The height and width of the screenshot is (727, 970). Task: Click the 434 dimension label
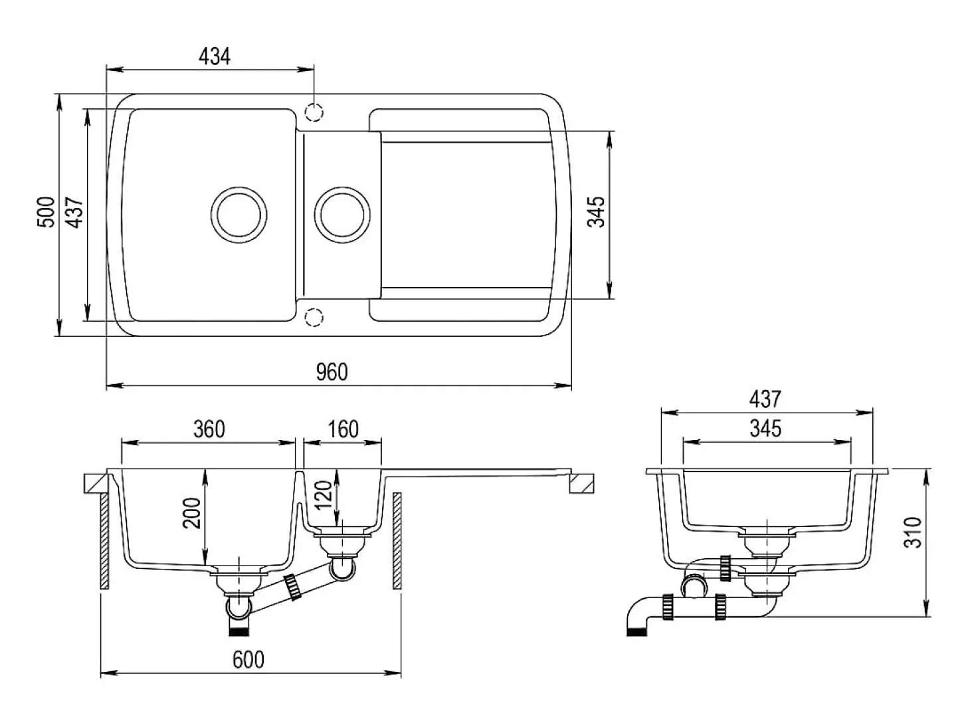tap(215, 56)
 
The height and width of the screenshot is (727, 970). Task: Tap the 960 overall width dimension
tap(332, 372)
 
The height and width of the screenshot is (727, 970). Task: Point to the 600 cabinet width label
tap(248, 660)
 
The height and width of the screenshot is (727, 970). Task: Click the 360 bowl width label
tap(209, 429)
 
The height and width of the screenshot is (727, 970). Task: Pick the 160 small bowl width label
tap(343, 429)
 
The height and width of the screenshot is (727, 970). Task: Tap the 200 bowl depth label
tap(192, 514)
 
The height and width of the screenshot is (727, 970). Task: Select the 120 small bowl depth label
tap(324, 494)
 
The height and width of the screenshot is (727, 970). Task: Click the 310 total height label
tap(913, 533)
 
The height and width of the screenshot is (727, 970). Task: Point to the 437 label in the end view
tap(765, 399)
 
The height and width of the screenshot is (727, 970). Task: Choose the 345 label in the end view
tap(765, 429)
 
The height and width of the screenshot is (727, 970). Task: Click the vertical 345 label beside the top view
tap(596, 212)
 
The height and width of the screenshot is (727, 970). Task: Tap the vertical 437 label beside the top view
tap(74, 213)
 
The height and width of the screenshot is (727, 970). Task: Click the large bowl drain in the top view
tap(239, 215)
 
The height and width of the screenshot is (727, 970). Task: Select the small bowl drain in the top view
tap(342, 215)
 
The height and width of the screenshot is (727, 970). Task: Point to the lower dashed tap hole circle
tap(314, 318)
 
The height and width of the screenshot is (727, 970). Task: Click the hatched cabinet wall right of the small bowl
tap(397, 541)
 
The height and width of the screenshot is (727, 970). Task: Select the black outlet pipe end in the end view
tap(636, 632)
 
